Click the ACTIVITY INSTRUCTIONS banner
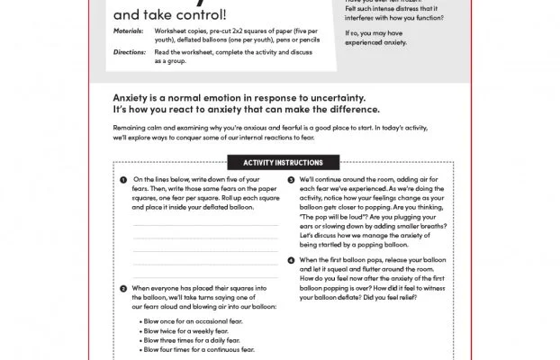pyautogui.click(x=279, y=162)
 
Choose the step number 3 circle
pyautogui.click(x=291, y=180)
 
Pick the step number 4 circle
pyautogui.click(x=291, y=260)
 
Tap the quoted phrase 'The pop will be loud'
pyautogui.click(x=339, y=218)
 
